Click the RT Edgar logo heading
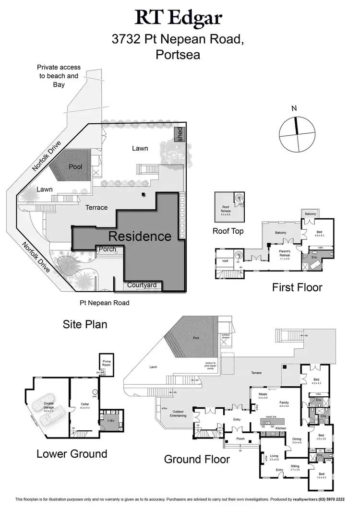(179, 18)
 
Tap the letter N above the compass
(294, 108)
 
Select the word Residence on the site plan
(140, 236)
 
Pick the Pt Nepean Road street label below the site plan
(105, 303)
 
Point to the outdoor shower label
(226, 336)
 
